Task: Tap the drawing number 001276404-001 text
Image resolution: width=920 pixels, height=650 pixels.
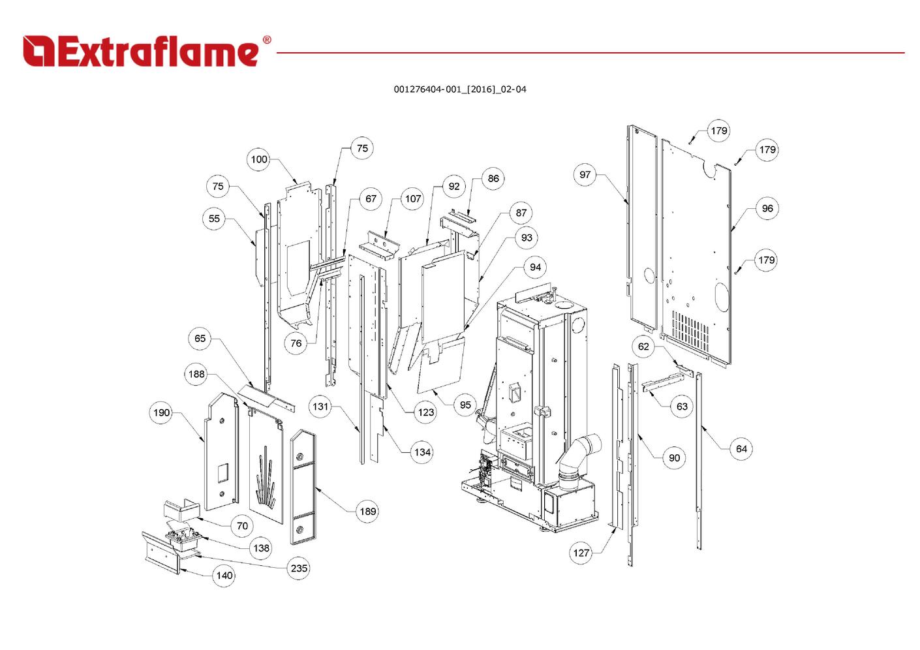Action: [x=459, y=89]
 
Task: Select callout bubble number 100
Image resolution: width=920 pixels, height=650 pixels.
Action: [x=259, y=159]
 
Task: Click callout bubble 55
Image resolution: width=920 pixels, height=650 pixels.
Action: [x=214, y=219]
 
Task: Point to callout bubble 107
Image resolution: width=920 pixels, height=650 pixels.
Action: [x=413, y=198]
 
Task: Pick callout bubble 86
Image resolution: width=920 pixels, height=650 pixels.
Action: [x=493, y=178]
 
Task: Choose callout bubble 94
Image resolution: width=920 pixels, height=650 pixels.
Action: [x=535, y=267]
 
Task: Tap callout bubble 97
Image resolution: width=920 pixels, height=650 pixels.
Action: [x=585, y=174]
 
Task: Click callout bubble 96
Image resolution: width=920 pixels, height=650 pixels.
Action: [x=767, y=208]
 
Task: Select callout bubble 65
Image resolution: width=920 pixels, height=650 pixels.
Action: [x=200, y=338]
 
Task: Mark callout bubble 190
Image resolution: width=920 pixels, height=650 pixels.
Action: [x=161, y=412]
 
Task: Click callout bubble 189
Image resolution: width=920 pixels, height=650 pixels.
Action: [x=368, y=511]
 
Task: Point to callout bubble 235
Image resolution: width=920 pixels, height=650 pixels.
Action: [x=299, y=568]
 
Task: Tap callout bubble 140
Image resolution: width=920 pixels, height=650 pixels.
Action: [x=224, y=575]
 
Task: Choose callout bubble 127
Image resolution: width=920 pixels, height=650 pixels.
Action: [x=581, y=553]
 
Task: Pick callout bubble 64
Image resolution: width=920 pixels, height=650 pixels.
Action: [x=741, y=448]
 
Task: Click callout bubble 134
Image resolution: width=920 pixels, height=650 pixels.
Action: [x=422, y=452]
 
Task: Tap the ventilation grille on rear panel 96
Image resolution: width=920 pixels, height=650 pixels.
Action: [x=690, y=330]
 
